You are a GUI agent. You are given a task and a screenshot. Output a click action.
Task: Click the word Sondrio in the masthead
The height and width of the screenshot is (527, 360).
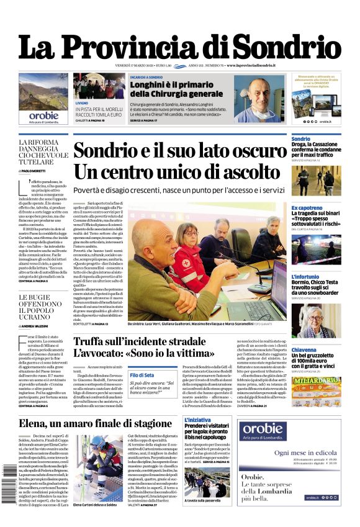tap(285, 47)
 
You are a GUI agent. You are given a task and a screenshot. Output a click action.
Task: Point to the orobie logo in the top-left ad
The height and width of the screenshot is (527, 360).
tap(43, 115)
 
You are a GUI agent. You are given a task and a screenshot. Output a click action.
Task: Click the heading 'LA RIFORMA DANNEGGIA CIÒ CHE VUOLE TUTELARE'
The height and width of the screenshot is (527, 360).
tap(43, 153)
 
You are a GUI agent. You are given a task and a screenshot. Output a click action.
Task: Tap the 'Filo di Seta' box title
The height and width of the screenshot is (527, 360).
tap(142, 375)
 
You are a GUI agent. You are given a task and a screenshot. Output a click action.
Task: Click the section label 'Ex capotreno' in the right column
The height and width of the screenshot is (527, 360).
tap(307, 208)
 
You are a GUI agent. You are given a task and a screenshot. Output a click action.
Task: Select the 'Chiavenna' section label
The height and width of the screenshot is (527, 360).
tap(304, 350)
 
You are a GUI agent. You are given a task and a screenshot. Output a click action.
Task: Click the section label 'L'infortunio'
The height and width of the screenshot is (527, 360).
tap(305, 277)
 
